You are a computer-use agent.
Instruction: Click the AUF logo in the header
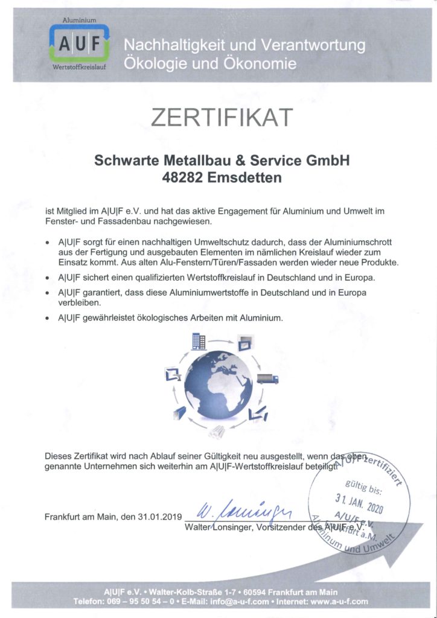click(x=79, y=43)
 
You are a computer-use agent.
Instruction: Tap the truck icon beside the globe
click(x=268, y=379)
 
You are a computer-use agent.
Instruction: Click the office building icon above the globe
click(x=199, y=342)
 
